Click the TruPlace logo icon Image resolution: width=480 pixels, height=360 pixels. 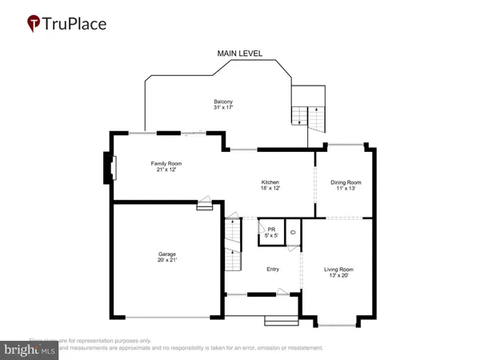coord(33,24)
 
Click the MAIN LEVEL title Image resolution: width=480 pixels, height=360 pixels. coord(240,54)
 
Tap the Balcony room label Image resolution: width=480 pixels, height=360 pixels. coord(223,102)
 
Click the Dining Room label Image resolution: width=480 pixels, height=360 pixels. coord(346,182)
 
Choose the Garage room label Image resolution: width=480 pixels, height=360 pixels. coord(166,254)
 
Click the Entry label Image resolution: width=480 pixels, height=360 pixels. coord(273,269)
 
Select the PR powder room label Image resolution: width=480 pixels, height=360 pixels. coord(272,229)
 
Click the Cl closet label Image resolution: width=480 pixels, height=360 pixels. coord(293,232)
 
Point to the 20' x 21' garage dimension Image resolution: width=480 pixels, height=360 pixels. coord(166,261)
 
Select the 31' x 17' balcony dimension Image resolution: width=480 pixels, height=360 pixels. coord(223,108)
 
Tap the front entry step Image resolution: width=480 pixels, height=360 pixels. coord(281,322)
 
